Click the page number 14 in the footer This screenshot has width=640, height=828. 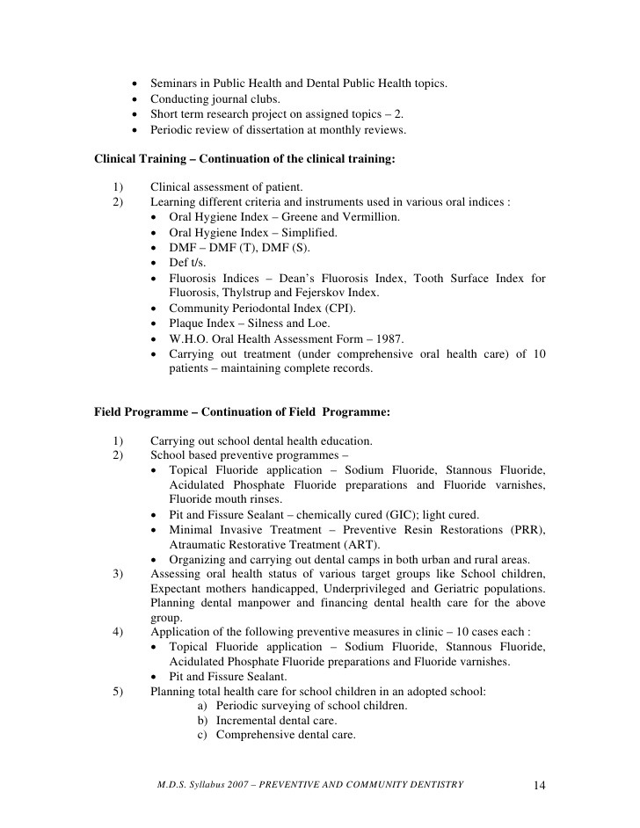click(541, 785)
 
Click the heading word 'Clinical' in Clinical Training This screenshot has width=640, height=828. click(117, 159)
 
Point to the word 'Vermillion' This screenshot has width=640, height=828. click(367, 217)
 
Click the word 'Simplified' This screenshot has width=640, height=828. click(309, 233)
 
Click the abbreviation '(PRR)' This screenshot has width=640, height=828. click(527, 529)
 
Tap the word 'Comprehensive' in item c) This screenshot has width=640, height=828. click(255, 735)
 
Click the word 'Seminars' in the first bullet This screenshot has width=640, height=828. click(175, 84)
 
